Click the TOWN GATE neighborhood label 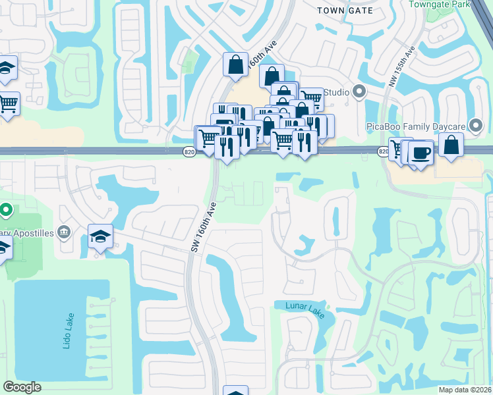(x=345, y=11)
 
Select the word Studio (x=335, y=92)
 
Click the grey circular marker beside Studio (x=359, y=92)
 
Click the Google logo (x=22, y=387)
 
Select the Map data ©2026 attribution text (x=465, y=390)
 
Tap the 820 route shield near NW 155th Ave (x=384, y=152)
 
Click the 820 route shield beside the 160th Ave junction (x=188, y=152)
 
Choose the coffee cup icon (x=420, y=153)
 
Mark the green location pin (x=6, y=211)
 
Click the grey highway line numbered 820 (x=99, y=151)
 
